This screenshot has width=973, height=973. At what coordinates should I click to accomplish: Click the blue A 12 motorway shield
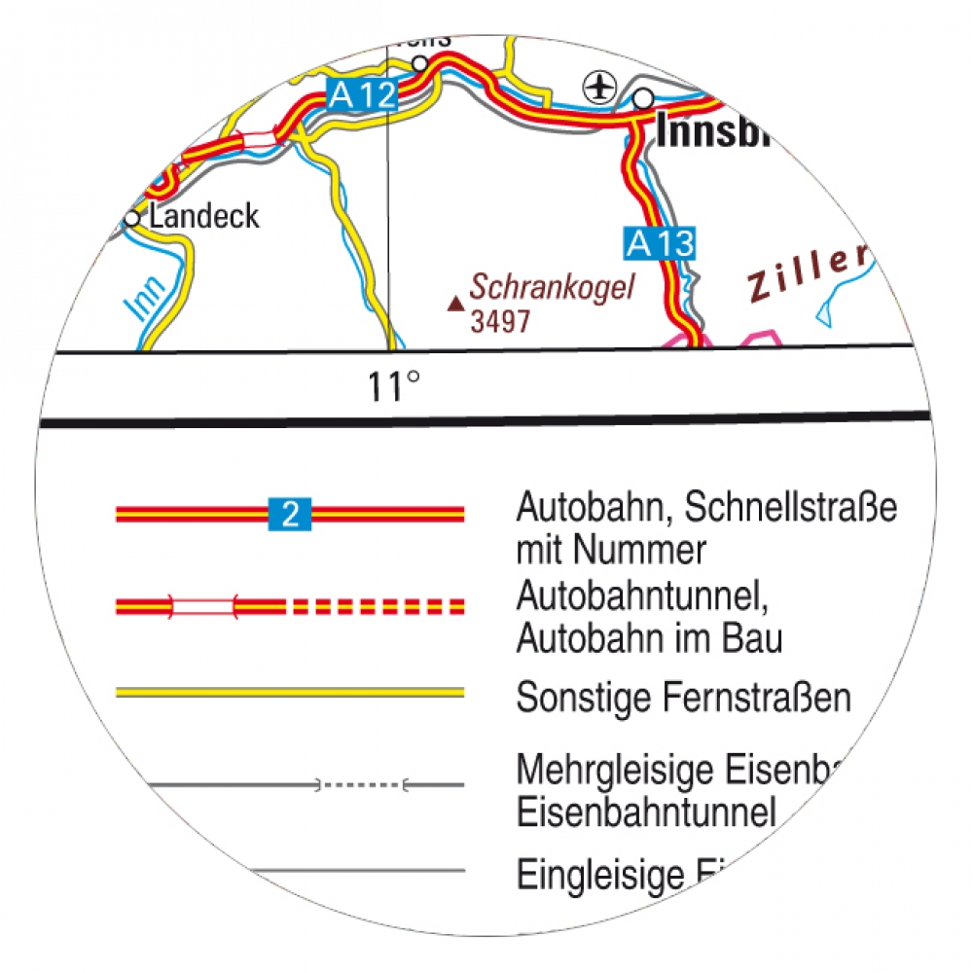coord(362,95)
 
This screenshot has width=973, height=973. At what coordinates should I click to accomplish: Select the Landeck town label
coord(204,216)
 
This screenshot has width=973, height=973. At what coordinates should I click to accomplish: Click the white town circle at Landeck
coord(132,219)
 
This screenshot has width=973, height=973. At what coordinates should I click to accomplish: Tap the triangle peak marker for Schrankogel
coord(454,305)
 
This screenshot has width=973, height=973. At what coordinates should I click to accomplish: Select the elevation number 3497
coord(500,321)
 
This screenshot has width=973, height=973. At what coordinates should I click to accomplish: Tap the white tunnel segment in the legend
coord(203,607)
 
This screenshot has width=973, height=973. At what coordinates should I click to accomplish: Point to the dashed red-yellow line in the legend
coord(376,607)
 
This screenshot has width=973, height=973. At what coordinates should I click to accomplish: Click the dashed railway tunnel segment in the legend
coord(360,783)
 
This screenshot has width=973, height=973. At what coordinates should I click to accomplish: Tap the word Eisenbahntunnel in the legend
coord(645,811)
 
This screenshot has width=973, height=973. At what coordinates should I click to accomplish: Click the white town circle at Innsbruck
coord(643,98)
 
